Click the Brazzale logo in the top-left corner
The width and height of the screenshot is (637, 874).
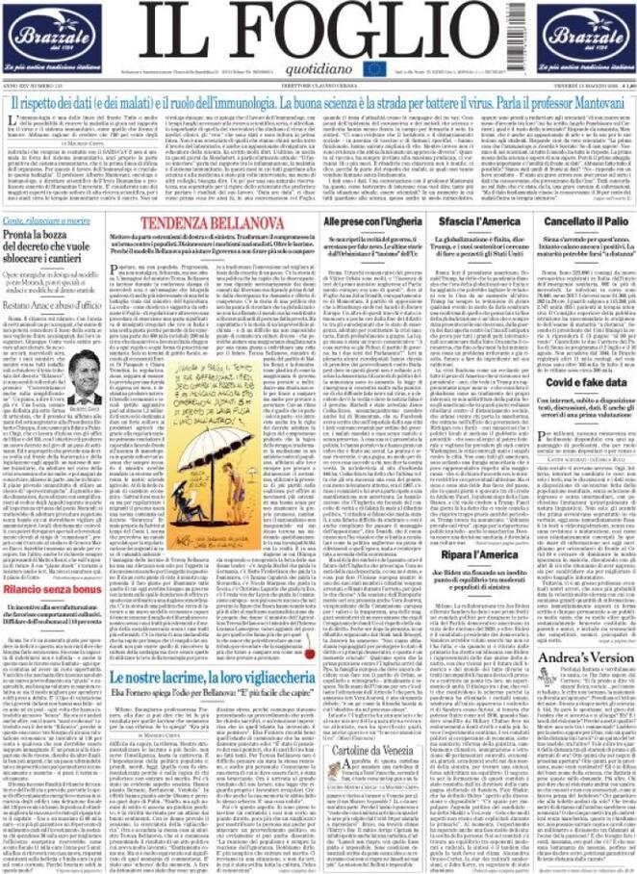coord(48,37)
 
